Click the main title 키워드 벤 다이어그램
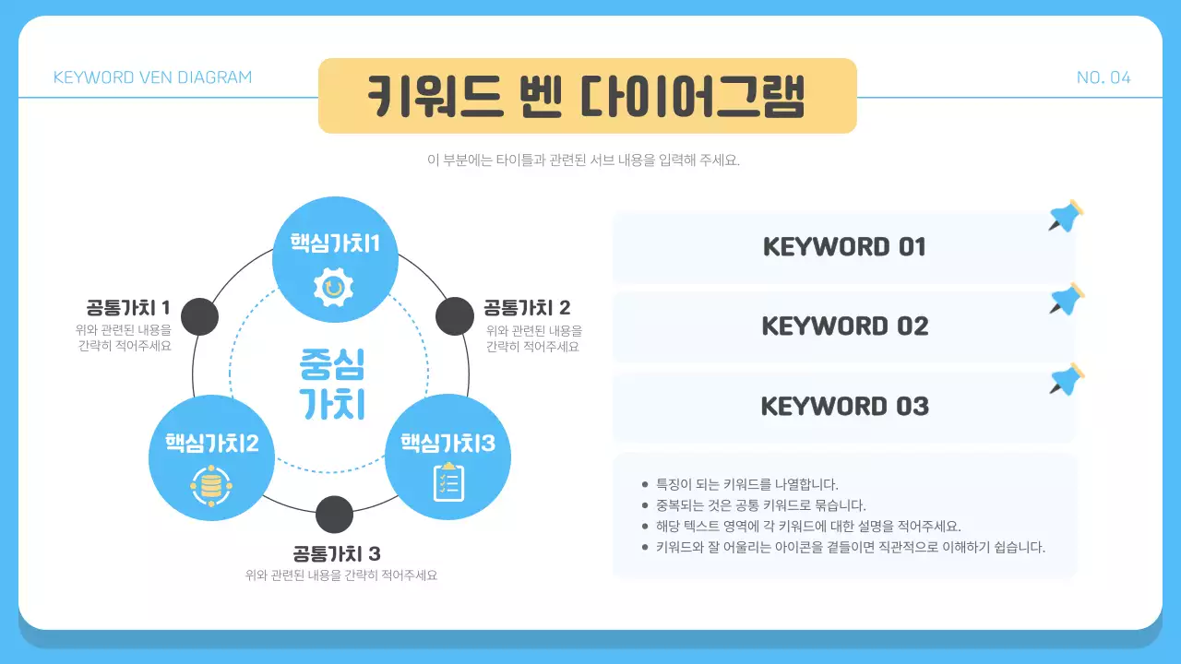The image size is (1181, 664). [587, 96]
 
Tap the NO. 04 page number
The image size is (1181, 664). [1103, 77]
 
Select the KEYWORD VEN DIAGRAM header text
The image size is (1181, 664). [152, 77]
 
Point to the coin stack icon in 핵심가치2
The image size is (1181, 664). [211, 485]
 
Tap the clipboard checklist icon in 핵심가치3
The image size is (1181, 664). [448, 481]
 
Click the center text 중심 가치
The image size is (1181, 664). [332, 384]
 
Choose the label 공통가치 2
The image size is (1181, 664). [527, 307]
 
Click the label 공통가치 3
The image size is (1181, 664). [337, 553]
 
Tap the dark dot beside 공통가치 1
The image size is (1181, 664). [199, 317]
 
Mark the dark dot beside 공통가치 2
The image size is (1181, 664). [454, 316]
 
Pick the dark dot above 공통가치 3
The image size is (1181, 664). [334, 515]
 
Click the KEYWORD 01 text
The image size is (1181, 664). [844, 247]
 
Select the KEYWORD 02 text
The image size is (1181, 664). [844, 326]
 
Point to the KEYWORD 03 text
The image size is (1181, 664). [844, 407]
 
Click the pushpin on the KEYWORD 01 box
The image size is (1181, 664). [1067, 216]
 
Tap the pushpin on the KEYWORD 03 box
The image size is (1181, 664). [1067, 379]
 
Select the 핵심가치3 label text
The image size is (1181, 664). [447, 444]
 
